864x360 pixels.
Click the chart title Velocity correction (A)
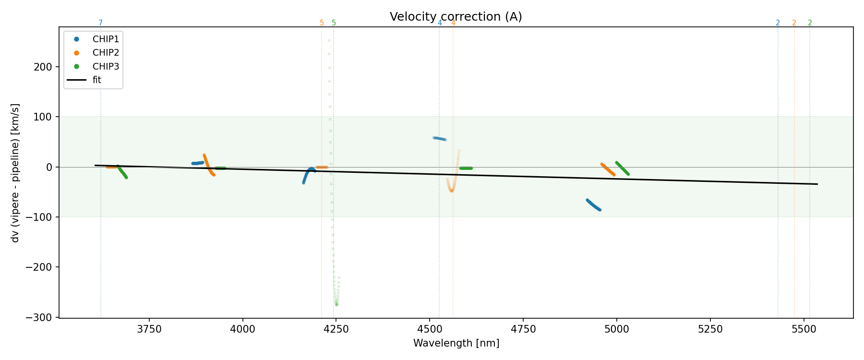pyautogui.click(x=456, y=17)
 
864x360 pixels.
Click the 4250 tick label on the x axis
pyautogui.click(x=336, y=329)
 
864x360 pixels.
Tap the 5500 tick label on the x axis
pyautogui.click(x=804, y=329)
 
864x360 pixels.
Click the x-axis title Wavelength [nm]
pyautogui.click(x=456, y=344)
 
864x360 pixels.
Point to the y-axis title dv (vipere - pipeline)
pyautogui.click(x=15, y=173)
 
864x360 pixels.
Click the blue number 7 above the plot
pyautogui.click(x=101, y=23)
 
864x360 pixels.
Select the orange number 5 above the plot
pyautogui.click(x=322, y=23)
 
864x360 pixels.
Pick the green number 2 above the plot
pyautogui.click(x=810, y=23)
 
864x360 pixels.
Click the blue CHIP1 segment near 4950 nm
pyautogui.click(x=593, y=205)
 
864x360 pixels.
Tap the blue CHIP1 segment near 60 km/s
pyautogui.click(x=440, y=139)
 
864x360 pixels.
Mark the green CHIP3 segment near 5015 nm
pyautogui.click(x=622, y=168)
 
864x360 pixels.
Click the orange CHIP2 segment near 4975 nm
pyautogui.click(x=608, y=169)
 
